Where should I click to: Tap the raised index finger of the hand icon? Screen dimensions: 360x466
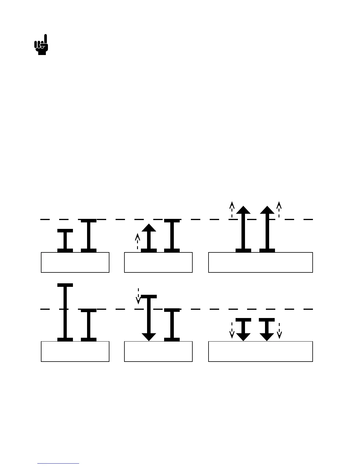point(46,40)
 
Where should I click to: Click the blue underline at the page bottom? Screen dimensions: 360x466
point(58,463)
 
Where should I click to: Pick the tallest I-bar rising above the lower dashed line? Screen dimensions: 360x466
point(65,312)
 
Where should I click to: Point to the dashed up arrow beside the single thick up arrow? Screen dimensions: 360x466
point(137,241)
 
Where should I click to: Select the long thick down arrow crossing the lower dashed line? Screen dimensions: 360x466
point(149,318)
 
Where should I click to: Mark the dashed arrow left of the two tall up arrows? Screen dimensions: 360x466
point(232,209)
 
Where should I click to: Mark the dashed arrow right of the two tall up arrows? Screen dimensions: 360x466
point(279,209)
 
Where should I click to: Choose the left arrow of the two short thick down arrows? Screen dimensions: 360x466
point(243,329)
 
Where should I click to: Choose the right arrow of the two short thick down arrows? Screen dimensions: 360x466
point(267,329)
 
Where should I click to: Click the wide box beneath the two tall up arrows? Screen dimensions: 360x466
point(260,262)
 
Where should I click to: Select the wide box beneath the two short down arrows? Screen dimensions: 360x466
point(260,351)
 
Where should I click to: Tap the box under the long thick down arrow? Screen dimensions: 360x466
point(158,351)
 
